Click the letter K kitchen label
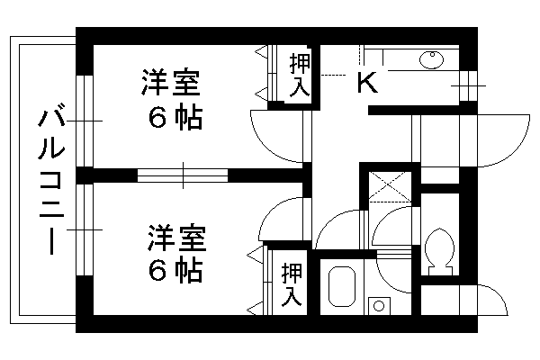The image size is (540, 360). (x=367, y=82)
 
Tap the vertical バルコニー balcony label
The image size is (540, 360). (x=51, y=182)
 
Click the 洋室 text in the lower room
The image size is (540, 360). (x=177, y=238)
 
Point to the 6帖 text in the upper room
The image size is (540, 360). (x=175, y=118)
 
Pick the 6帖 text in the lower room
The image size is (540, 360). (x=175, y=271)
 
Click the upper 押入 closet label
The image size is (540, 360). (x=300, y=75)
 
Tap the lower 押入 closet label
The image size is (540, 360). (x=292, y=285)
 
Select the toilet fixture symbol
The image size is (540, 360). (x=439, y=251)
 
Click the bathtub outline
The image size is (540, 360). (x=342, y=286)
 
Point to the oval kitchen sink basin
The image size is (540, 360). (x=431, y=59)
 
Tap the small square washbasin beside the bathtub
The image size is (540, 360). (x=379, y=306)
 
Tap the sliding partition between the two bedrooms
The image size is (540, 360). (x=183, y=175)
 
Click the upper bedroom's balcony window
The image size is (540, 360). (x=85, y=121)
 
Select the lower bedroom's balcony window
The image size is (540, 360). (x=85, y=229)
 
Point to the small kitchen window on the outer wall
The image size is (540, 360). (x=468, y=85)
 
